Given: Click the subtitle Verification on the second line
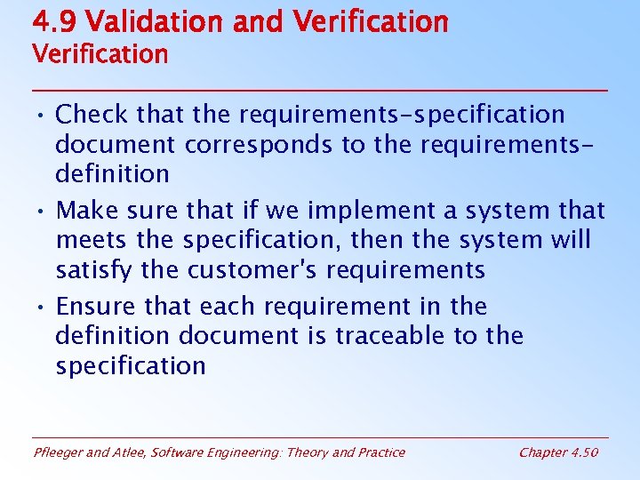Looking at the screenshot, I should click(100, 54).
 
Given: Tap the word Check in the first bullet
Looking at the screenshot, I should click(92, 115).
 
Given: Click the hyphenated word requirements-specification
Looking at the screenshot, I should click(402, 115).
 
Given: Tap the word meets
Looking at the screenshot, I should click(89, 240).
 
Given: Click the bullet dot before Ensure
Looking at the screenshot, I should click(41, 308).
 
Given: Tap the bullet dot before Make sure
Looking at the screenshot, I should click(41, 212).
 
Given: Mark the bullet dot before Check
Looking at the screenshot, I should click(41, 116).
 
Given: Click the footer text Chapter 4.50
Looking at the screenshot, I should click(558, 452).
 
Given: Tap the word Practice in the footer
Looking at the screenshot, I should click(380, 452).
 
